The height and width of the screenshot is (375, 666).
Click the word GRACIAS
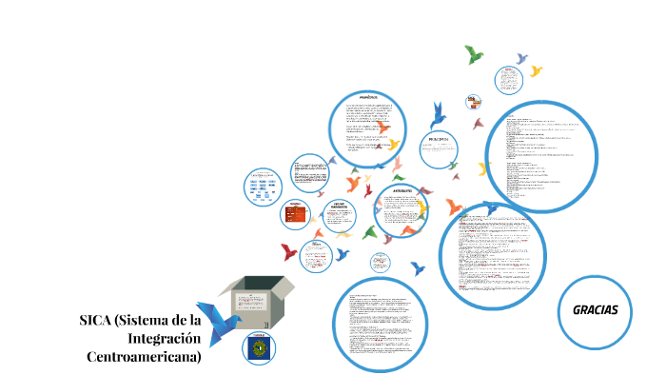596,310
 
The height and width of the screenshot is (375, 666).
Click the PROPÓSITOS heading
367,97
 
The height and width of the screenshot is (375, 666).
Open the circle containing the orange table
297,216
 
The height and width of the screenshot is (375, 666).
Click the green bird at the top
473,54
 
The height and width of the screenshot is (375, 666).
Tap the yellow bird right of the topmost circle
536,70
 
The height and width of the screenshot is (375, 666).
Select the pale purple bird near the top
519,58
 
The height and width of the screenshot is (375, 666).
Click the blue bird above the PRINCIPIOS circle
438,114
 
